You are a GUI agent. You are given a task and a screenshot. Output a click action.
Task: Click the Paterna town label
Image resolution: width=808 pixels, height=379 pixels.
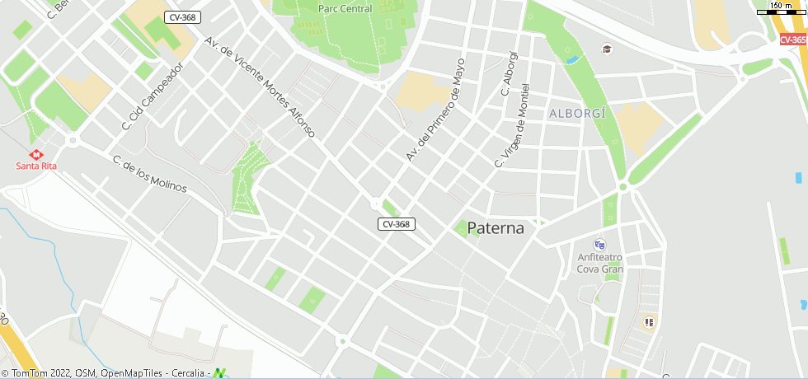point(496,228)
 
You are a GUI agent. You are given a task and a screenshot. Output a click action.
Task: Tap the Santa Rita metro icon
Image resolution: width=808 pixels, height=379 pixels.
point(36,154)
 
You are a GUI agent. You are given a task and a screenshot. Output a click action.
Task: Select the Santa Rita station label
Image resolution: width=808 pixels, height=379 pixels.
point(36,166)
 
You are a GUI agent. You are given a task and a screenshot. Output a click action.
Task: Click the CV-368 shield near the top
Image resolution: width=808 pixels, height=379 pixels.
point(182,17)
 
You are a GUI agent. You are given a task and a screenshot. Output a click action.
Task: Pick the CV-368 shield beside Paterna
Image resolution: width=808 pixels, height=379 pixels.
point(397,224)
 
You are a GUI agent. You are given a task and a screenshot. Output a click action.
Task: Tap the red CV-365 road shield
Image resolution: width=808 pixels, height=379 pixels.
point(793,40)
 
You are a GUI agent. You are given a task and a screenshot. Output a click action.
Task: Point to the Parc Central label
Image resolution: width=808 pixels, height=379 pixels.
point(345,9)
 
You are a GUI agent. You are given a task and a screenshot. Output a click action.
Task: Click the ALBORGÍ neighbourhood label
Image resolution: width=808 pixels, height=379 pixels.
point(577,113)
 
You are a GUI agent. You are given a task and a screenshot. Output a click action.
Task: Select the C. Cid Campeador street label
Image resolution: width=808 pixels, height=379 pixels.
point(152,97)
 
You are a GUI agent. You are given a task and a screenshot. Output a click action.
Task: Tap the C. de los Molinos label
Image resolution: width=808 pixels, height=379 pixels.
point(150,174)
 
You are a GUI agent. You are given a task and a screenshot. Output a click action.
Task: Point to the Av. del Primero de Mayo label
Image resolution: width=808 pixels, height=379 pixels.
point(435,109)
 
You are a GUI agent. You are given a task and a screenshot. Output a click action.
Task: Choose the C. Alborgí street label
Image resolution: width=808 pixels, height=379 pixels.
point(510,73)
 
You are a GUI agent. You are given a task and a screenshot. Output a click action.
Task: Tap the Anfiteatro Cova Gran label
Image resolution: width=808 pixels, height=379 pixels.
point(600,263)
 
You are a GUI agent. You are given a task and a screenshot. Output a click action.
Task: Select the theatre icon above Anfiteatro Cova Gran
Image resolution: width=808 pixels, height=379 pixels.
point(599,245)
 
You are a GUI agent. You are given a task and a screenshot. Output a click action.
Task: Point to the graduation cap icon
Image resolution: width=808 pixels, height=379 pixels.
point(608,49)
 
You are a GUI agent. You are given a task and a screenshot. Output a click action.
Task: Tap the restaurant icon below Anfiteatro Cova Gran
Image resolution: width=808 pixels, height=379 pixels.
point(649,322)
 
